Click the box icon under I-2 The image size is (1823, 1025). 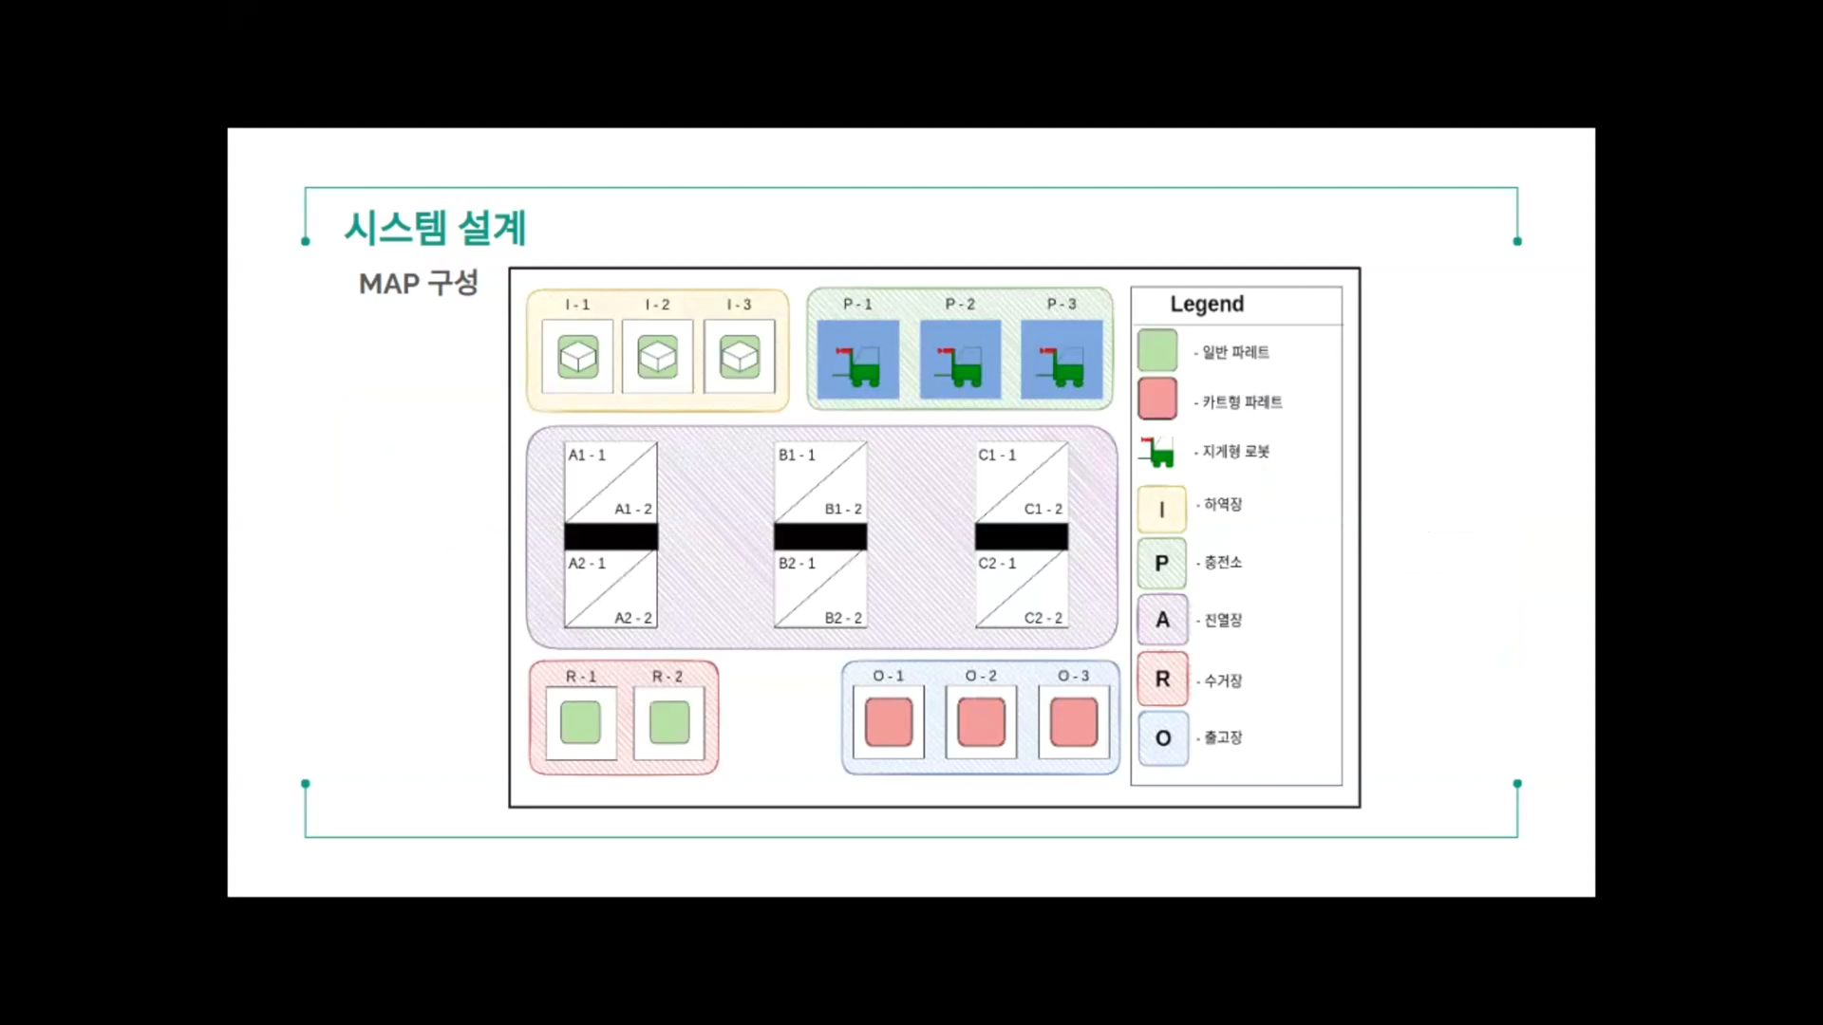[x=657, y=357]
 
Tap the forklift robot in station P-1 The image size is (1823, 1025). [x=858, y=361]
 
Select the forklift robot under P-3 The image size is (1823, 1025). [x=1062, y=361]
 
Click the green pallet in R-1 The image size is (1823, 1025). [x=580, y=722]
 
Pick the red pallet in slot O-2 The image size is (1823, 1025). [x=981, y=722]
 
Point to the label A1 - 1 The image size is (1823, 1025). [x=587, y=456]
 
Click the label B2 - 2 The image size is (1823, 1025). [x=843, y=618]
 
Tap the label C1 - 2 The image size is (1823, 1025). [x=1043, y=510]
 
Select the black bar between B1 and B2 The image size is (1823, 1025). [x=820, y=537]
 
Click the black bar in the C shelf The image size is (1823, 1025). [x=1022, y=537]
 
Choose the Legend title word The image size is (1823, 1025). [x=1207, y=305]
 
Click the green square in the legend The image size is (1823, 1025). [x=1157, y=350]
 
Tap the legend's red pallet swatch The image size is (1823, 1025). [x=1157, y=400]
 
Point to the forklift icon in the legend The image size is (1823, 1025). [x=1157, y=452]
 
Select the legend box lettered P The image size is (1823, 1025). [x=1162, y=564]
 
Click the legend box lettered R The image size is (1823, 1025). [x=1162, y=680]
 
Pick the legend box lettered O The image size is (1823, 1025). [x=1163, y=738]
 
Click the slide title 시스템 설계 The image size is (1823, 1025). [x=435, y=228]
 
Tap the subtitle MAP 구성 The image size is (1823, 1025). [x=419, y=283]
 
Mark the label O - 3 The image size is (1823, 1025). [x=1074, y=677]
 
